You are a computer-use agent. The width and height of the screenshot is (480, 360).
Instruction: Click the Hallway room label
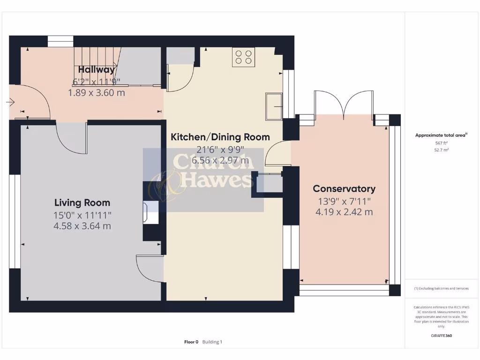coord(97,70)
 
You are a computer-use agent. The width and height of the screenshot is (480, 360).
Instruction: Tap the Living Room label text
coord(82,202)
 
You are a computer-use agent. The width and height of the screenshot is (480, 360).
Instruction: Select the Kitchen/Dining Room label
coord(220,137)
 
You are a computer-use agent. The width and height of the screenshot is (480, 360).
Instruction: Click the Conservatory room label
coord(344,188)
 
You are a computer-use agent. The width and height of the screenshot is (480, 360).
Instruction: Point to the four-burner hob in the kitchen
coord(243,57)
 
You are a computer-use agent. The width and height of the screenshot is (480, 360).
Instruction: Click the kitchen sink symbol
coord(274,106)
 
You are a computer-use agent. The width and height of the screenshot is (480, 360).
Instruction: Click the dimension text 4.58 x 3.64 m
coord(82,226)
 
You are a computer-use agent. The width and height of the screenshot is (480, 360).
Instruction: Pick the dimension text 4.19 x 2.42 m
coord(344,212)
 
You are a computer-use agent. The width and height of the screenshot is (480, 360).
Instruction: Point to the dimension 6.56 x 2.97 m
coord(220,161)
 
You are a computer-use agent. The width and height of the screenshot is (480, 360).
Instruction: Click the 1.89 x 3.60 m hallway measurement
coord(97,93)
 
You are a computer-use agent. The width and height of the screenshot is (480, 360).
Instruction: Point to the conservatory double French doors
coord(344,104)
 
